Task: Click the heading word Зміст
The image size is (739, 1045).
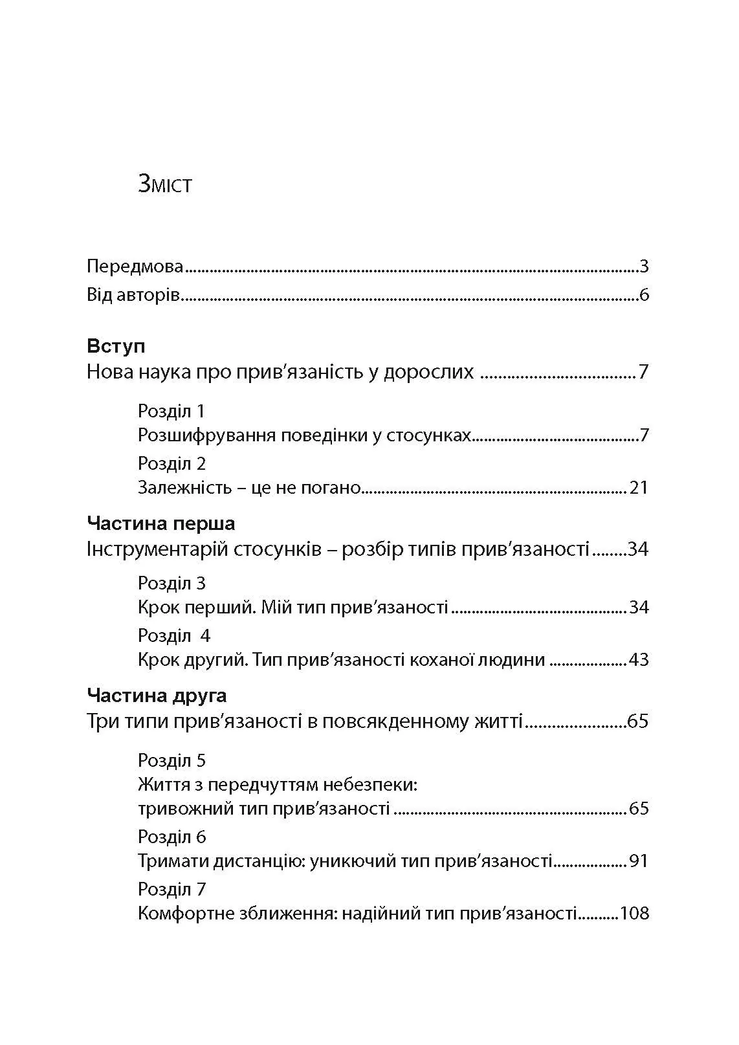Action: tap(165, 184)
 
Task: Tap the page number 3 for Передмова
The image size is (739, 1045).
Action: tap(643, 266)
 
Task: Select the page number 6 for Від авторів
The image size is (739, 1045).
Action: tap(643, 296)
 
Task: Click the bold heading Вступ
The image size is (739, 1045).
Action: tap(116, 346)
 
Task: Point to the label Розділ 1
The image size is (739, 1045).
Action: tap(171, 411)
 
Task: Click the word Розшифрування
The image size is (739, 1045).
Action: tap(207, 435)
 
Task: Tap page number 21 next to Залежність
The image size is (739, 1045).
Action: tap(638, 487)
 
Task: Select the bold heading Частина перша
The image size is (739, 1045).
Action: tap(160, 523)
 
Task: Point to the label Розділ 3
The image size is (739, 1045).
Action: tap(171, 583)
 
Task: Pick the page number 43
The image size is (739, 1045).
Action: tap(638, 660)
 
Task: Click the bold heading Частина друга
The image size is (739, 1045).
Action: tap(157, 696)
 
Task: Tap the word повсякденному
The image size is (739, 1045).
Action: tap(382, 721)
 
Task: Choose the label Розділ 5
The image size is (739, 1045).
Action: tap(171, 760)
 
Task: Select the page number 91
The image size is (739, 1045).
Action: tap(638, 861)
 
